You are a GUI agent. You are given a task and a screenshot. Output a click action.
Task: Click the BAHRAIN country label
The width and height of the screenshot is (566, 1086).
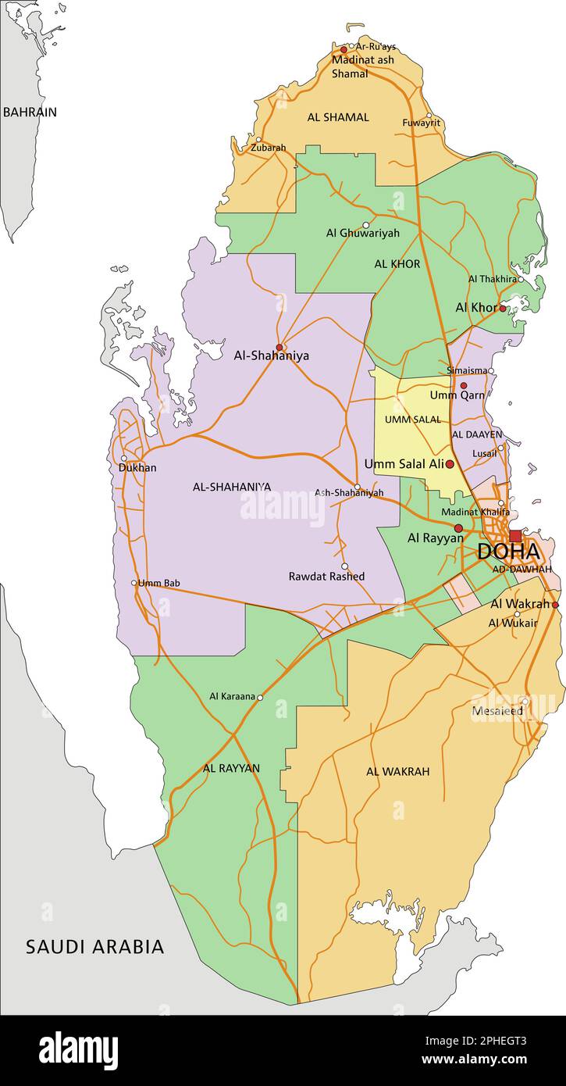coord(30,112)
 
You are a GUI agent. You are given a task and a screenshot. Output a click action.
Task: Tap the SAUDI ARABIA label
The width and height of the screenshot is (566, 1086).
coord(95,947)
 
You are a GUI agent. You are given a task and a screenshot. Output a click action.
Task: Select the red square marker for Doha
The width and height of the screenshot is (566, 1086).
coord(515,536)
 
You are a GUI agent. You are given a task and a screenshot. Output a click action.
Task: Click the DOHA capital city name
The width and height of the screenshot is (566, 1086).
coord(508,552)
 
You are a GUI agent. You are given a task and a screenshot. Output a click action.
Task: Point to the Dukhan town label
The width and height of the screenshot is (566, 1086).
coord(137,468)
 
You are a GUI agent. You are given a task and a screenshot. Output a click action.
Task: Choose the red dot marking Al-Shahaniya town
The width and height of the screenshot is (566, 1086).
coord(279,347)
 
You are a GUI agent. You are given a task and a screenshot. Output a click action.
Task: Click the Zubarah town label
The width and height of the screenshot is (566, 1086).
coord(269,148)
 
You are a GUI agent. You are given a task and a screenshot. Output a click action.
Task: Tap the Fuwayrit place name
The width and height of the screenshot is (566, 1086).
coord(421,123)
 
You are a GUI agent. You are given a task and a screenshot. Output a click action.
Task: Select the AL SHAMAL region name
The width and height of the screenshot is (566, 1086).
coord(338,117)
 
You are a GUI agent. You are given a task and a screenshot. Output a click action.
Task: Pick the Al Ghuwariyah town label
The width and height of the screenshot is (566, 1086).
coord(362,233)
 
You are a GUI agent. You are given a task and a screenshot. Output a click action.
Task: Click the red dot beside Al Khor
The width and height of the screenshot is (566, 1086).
coord(502,308)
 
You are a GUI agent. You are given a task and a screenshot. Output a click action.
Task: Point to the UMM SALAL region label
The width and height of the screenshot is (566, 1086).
coord(412,420)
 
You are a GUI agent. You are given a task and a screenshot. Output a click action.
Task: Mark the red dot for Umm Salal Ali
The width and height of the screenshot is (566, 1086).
coord(450,464)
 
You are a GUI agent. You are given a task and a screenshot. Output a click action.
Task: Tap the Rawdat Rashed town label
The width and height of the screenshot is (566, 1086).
coord(326,577)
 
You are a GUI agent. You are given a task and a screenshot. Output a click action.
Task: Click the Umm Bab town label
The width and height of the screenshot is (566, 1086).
coord(159,583)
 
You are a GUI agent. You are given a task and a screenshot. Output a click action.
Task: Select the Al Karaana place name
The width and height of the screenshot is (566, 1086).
coord(232,696)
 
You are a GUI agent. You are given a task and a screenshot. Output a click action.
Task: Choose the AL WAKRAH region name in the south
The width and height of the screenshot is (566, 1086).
coord(397,772)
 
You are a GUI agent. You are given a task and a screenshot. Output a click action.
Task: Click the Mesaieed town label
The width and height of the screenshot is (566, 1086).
coord(497,711)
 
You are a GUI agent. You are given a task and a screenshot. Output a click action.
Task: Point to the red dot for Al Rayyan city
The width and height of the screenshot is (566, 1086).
coord(458,528)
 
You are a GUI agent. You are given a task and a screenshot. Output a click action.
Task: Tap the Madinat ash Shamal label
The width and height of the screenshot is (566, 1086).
coord(362,66)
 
